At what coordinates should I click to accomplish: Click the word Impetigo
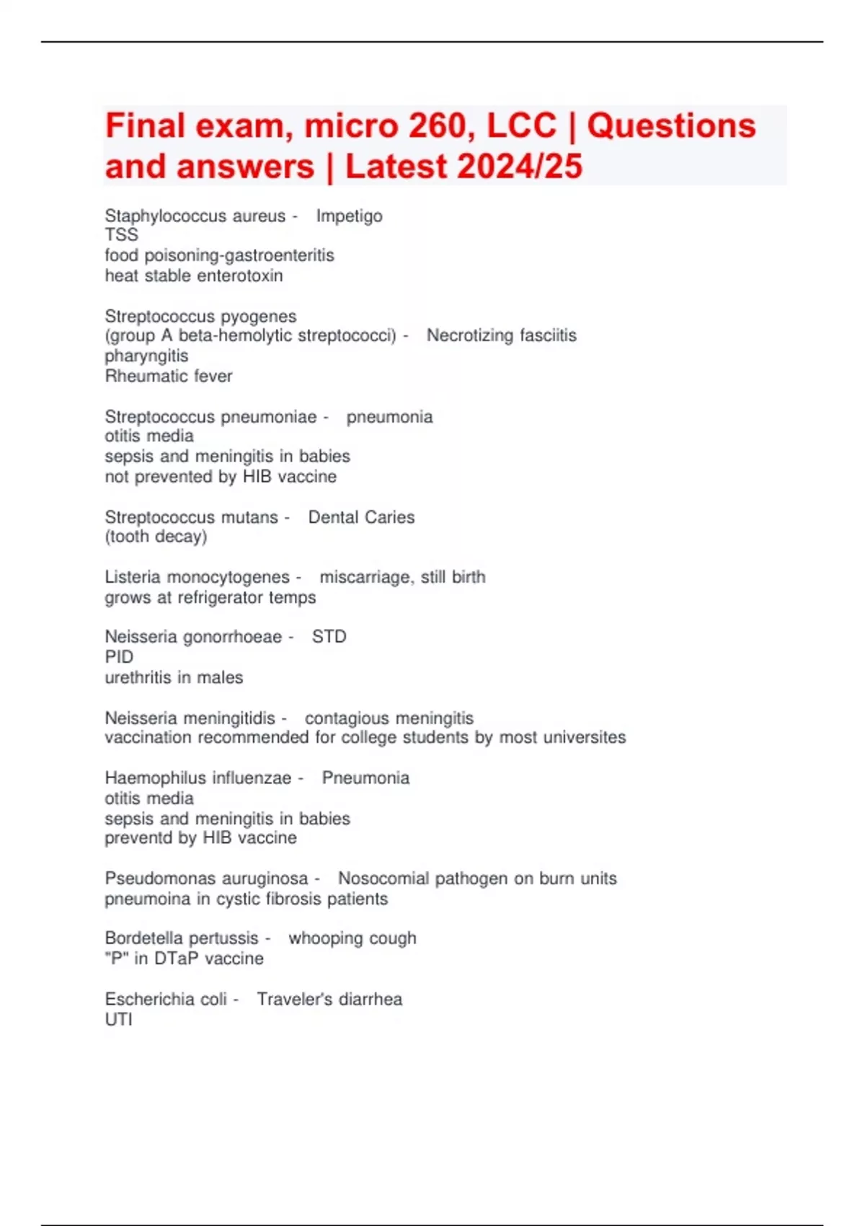point(349,216)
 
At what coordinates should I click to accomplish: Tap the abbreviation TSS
point(121,235)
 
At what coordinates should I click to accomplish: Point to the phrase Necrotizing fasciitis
point(501,335)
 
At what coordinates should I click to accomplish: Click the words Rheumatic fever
point(169,376)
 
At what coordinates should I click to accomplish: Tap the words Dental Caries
point(361,517)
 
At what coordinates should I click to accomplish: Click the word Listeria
point(136,577)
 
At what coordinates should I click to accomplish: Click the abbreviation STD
point(329,637)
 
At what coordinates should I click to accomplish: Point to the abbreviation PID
point(119,657)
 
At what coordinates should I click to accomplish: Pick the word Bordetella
point(145,938)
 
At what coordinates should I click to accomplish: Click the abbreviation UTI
point(118,1019)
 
